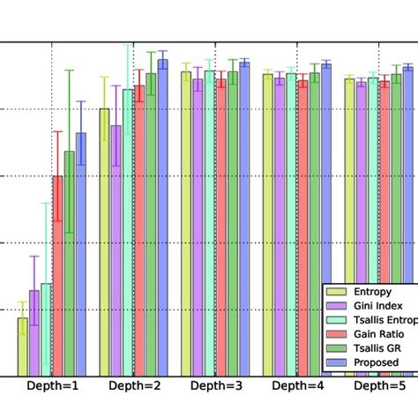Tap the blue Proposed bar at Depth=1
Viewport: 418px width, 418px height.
click(x=81, y=255)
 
